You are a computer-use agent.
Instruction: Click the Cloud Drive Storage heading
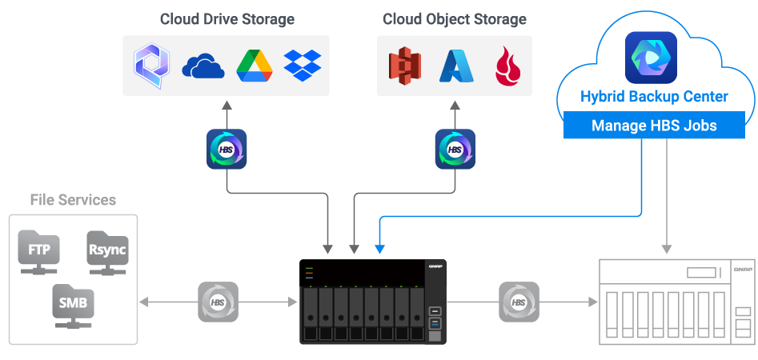coord(227,19)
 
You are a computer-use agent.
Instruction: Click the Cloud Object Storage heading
coord(455,19)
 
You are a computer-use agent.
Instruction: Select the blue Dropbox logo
coord(303,66)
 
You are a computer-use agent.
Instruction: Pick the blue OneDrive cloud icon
coord(203,66)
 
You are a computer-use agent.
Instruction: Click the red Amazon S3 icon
coord(404,66)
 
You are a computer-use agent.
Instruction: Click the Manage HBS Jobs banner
coord(654,126)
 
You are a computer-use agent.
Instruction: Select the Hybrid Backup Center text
coord(654,97)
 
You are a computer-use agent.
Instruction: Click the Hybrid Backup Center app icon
coord(651,58)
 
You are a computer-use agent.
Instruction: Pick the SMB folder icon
coord(73,302)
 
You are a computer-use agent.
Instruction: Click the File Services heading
coord(73,200)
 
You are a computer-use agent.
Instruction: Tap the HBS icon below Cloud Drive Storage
coord(227,149)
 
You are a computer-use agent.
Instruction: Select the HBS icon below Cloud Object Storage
coord(455,149)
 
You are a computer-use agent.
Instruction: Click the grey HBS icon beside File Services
coord(218,302)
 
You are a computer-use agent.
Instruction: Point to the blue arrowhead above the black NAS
coord(379,249)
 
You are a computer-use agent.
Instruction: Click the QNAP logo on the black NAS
coord(435,266)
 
